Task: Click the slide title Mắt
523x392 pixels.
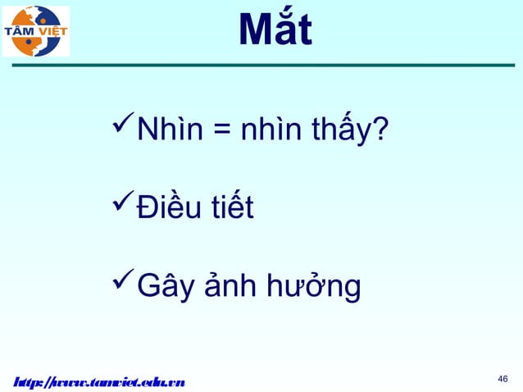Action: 275,31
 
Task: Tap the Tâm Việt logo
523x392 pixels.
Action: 36,31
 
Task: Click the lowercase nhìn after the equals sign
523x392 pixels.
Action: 271,130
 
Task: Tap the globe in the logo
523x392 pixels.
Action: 36,31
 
